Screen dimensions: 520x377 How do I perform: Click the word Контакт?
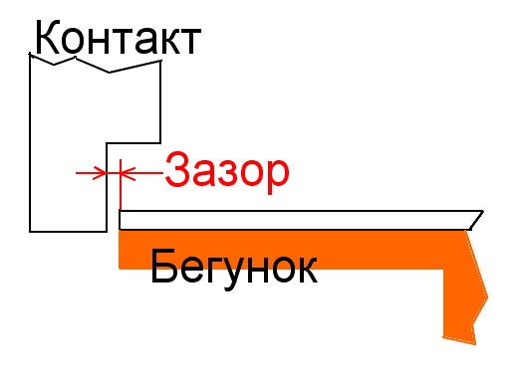[118, 37]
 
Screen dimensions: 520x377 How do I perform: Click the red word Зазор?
[227, 172]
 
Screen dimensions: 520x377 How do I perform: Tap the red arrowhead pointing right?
[100, 173]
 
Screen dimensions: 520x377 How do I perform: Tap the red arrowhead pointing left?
[128, 173]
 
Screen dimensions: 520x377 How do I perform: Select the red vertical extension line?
[121, 184]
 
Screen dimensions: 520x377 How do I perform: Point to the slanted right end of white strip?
[477, 220]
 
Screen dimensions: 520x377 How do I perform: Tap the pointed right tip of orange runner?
[487, 296]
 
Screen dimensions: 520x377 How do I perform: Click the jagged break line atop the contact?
[96, 63]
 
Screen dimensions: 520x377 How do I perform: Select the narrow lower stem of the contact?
[68, 187]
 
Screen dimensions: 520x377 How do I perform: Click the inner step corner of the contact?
[107, 143]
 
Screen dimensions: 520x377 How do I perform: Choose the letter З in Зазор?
[176, 169]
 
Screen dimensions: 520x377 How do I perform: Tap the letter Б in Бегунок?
[162, 266]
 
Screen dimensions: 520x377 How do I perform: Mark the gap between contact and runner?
[114, 173]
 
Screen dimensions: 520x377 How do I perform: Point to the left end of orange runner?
[120, 250]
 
